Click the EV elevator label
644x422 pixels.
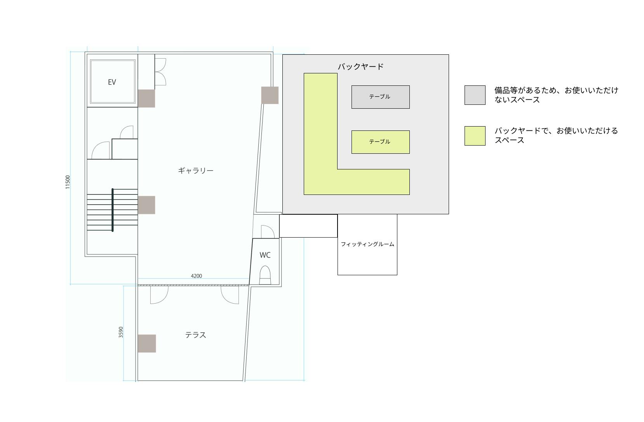pyautogui.click(x=112, y=82)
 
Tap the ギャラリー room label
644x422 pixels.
pyautogui.click(x=196, y=170)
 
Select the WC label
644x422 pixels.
pyautogui.click(x=265, y=255)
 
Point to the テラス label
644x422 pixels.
pyautogui.click(x=195, y=335)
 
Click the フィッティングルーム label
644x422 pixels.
pyautogui.click(x=367, y=244)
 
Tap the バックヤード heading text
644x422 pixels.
pyautogui.click(x=360, y=66)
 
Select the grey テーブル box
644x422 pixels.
pyautogui.click(x=380, y=97)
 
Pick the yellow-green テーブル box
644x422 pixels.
pyautogui.click(x=380, y=142)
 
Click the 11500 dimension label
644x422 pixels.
pyautogui.click(x=68, y=182)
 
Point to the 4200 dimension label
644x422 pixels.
pyautogui.click(x=197, y=276)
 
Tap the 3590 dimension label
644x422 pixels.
pyautogui.click(x=121, y=332)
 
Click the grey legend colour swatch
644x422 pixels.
pyautogui.click(x=475, y=95)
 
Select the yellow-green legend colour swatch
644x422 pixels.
pyautogui.click(x=475, y=136)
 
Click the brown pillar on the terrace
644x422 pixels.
pyautogui.click(x=147, y=344)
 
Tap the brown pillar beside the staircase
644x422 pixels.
pyautogui.click(x=146, y=205)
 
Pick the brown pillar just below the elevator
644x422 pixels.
pyautogui.click(x=146, y=98)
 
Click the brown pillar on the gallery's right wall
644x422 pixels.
pyautogui.click(x=270, y=95)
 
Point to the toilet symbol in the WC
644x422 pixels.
pyautogui.click(x=265, y=275)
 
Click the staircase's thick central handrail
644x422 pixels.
pyautogui.click(x=113, y=210)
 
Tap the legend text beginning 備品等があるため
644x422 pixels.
pyautogui.click(x=556, y=95)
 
